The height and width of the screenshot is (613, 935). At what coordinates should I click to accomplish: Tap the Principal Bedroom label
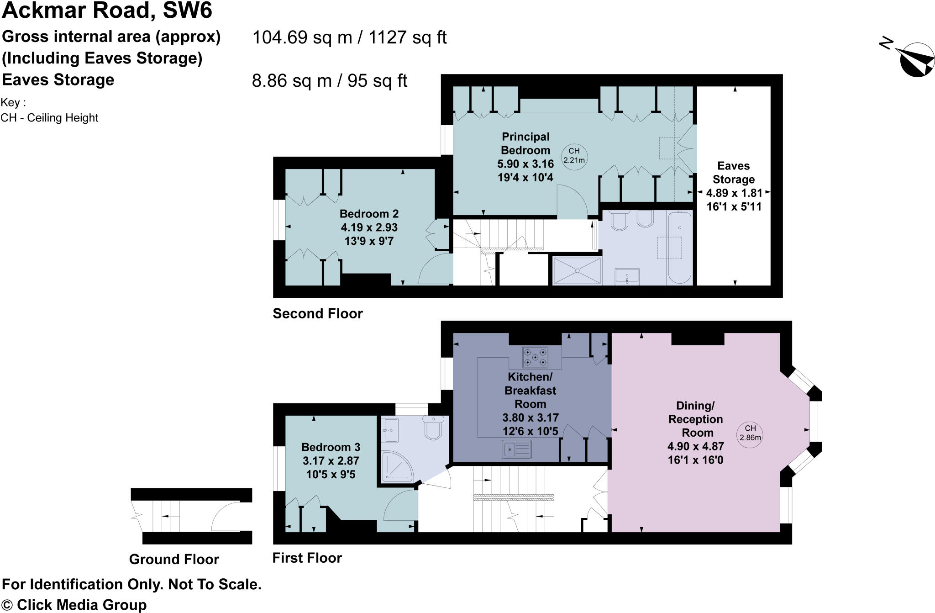point(525,143)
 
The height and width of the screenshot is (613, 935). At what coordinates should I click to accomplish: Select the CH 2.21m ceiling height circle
point(574,156)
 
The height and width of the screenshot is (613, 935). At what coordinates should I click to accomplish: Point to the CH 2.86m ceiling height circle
point(750,433)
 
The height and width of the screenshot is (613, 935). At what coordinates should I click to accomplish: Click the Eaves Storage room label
point(733,172)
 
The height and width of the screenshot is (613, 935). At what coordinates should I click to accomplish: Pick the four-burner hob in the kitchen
point(535,357)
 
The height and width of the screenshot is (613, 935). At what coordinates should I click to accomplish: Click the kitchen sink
point(516,449)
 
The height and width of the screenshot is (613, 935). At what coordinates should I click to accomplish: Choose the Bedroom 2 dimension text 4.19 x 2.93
point(369,227)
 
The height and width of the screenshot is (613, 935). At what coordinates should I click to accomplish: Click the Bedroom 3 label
point(331,447)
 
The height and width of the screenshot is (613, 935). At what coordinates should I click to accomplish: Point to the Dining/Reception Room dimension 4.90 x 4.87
point(695,446)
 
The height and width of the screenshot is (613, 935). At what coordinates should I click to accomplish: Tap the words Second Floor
point(317,313)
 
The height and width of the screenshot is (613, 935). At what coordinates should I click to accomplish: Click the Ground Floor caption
point(174,559)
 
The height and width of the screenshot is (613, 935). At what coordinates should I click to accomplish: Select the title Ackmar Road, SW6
point(107,11)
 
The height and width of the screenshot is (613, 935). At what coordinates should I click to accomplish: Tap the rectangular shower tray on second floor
point(577,270)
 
